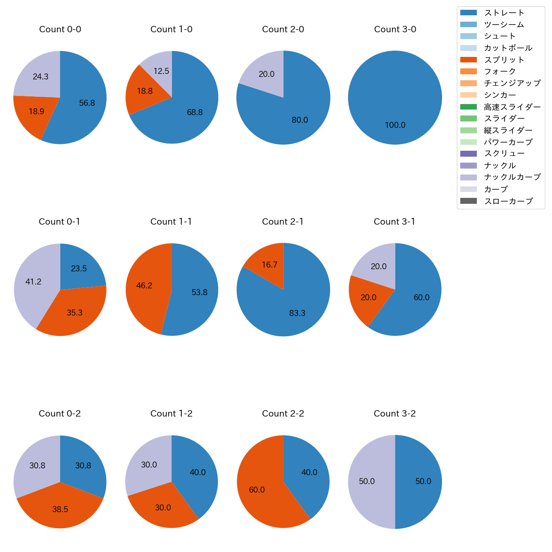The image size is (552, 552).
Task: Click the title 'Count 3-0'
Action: (395, 29)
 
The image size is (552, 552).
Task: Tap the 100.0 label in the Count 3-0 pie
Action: (395, 125)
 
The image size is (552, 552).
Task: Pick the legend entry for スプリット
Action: (504, 60)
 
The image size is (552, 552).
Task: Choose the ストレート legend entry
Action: (504, 13)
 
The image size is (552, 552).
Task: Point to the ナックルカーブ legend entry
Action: (512, 177)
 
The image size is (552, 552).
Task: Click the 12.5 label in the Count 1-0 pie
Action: (161, 71)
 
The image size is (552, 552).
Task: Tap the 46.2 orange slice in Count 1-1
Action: (144, 286)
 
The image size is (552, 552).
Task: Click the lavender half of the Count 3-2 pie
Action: (367, 482)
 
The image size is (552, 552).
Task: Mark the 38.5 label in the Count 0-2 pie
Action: (60, 509)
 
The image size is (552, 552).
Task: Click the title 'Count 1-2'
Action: (172, 414)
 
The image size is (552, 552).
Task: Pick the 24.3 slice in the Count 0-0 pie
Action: (40, 77)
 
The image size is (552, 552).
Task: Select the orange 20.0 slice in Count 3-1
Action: (369, 298)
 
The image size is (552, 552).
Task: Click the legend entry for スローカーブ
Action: (508, 201)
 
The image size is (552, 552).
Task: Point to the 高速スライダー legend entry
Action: (512, 107)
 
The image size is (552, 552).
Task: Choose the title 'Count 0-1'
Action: (59, 222)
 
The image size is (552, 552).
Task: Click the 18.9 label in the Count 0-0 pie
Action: (37, 112)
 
